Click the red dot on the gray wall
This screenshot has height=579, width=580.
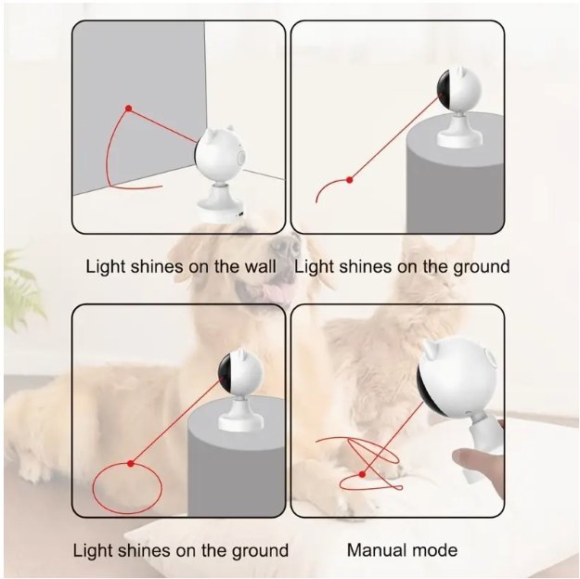[x=128, y=109]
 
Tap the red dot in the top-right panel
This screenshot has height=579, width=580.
[x=349, y=180]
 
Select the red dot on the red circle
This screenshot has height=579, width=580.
[x=130, y=463]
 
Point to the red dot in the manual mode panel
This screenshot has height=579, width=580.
[x=362, y=474]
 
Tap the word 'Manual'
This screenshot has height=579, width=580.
[x=378, y=550]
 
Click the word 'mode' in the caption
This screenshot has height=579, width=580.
[x=435, y=550]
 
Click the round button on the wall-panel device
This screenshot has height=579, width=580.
[x=242, y=158]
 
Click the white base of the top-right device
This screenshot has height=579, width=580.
[x=460, y=134]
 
